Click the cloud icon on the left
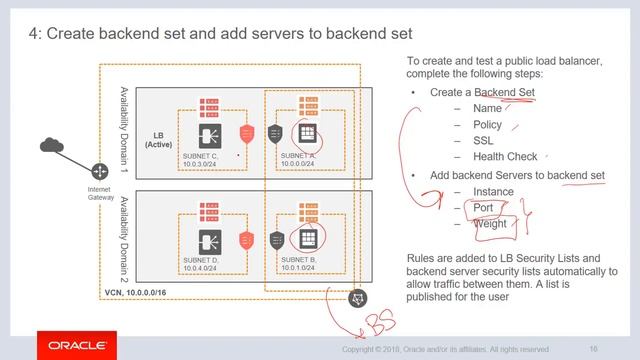coord(52,146)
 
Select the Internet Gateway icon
coord(100,172)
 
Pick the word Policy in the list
coord(489,125)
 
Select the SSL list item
coord(483,141)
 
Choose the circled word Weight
coord(490,223)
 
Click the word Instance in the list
coord(494,191)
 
